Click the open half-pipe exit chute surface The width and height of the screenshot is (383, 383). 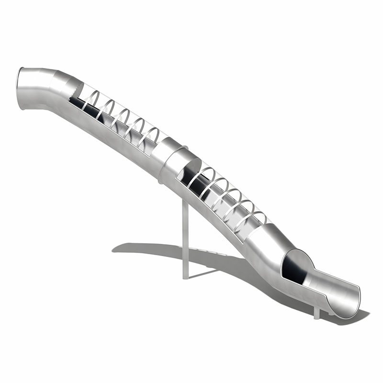pos(330,290)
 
